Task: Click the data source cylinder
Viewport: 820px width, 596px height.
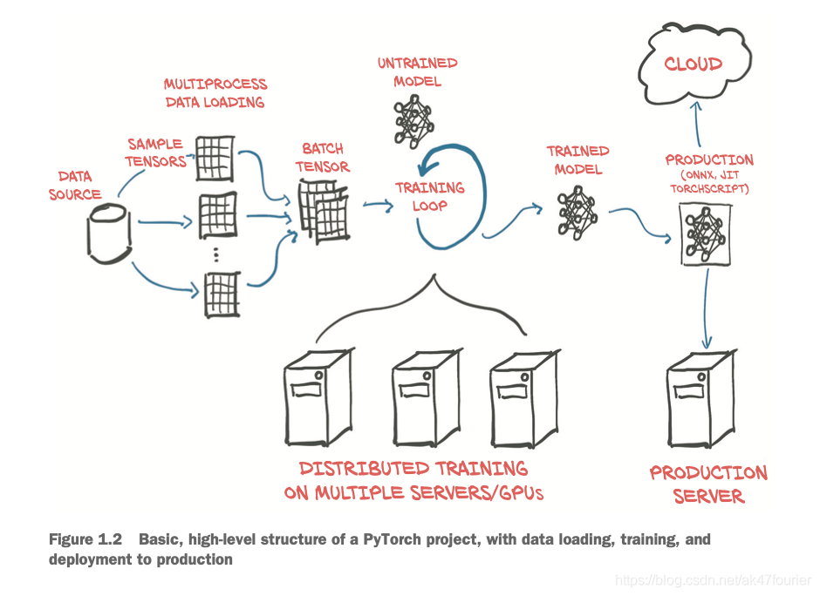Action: pyautogui.click(x=109, y=234)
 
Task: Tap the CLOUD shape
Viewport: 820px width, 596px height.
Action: pyautogui.click(x=693, y=64)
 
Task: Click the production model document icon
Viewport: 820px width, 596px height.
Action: pyautogui.click(x=704, y=234)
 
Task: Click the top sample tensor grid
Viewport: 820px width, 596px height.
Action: pyautogui.click(x=213, y=157)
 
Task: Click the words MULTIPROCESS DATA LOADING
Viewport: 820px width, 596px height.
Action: pyautogui.click(x=215, y=93)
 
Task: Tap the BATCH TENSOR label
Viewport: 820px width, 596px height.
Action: pyautogui.click(x=322, y=158)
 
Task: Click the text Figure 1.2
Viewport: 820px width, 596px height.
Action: pyautogui.click(x=84, y=540)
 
